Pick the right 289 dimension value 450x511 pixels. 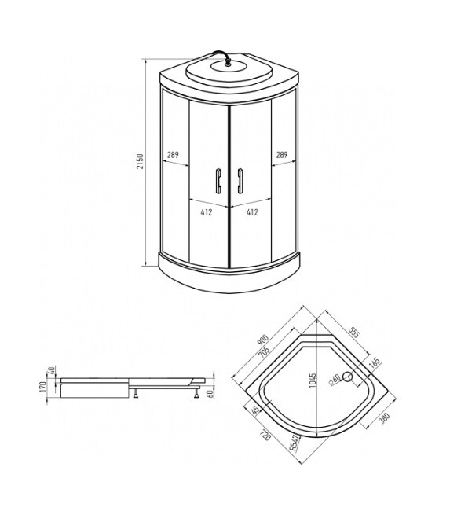pos(281,155)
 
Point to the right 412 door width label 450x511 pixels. pos(253,212)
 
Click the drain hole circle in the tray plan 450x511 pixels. pos(349,376)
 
